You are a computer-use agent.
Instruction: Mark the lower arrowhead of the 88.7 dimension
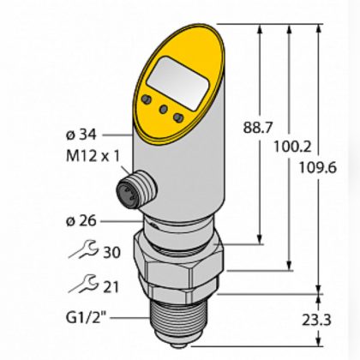point(258,239)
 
